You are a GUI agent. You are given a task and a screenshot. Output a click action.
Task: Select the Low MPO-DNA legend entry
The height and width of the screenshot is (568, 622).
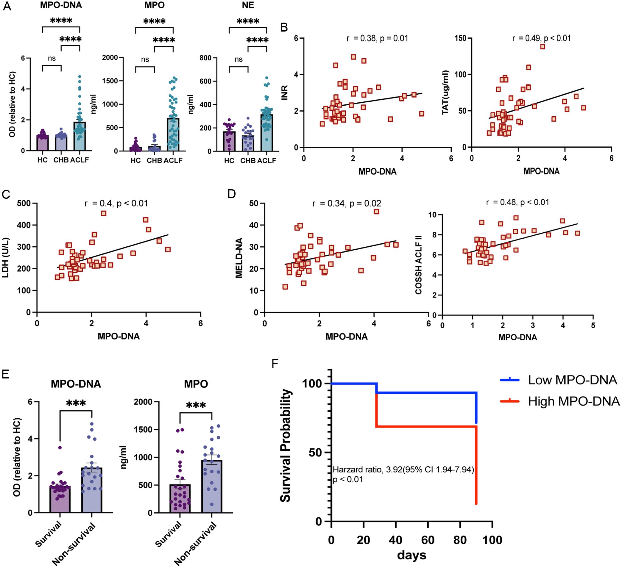coord(572,380)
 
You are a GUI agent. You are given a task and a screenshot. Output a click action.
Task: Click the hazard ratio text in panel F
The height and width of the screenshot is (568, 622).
coord(403,470)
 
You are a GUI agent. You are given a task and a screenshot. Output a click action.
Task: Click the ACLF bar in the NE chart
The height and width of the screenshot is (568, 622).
coord(266,133)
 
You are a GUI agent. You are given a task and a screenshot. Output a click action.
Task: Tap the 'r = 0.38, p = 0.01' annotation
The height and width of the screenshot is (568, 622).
coord(377,38)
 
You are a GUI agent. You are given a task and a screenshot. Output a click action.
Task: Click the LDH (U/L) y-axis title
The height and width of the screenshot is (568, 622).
coord(6,257)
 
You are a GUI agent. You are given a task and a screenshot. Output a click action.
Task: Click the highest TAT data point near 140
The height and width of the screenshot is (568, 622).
coord(543,46)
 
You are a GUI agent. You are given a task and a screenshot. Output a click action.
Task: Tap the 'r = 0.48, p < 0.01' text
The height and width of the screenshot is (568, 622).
coord(517,202)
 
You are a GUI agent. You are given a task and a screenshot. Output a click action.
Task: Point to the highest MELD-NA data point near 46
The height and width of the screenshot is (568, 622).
coord(376,212)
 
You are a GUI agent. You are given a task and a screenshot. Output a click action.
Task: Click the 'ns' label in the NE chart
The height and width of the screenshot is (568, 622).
coord(238,59)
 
